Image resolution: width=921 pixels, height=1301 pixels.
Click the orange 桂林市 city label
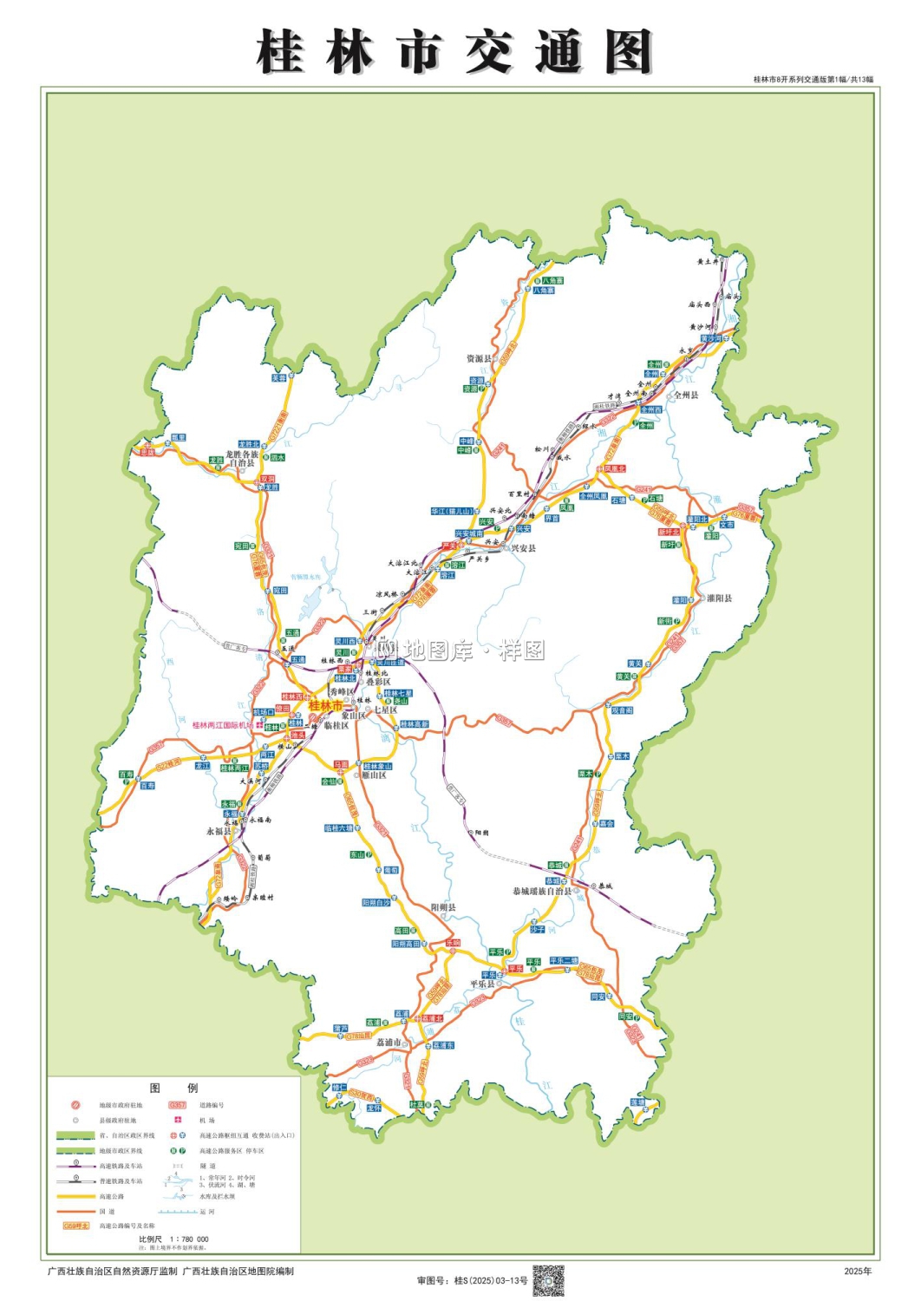(x=326, y=706)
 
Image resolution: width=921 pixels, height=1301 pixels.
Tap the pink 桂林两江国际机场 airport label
(x=222, y=725)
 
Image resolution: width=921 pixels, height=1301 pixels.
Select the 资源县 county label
(x=479, y=358)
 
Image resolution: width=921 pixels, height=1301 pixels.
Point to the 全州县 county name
(x=686, y=395)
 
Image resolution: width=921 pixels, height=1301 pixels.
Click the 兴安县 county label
(x=523, y=548)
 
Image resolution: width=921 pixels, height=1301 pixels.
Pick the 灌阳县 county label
(x=719, y=598)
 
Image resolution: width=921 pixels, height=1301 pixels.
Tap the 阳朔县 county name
(x=443, y=907)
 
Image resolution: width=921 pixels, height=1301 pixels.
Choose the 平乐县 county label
(x=482, y=984)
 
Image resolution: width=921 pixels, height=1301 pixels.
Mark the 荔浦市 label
(x=389, y=1042)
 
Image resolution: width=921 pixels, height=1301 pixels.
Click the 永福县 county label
(x=219, y=831)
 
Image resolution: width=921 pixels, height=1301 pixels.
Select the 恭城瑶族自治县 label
(x=542, y=891)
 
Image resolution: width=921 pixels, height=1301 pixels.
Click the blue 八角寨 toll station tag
(x=544, y=291)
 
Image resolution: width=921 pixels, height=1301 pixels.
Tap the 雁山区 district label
(x=374, y=775)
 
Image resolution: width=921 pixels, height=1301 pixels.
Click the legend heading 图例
(x=173, y=1088)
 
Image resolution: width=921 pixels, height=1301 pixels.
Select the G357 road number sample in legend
(x=177, y=1105)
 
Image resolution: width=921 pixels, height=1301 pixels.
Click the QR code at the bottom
(x=548, y=1279)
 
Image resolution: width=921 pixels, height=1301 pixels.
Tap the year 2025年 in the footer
(x=858, y=1272)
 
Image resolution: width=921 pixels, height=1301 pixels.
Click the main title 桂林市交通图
(x=454, y=52)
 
